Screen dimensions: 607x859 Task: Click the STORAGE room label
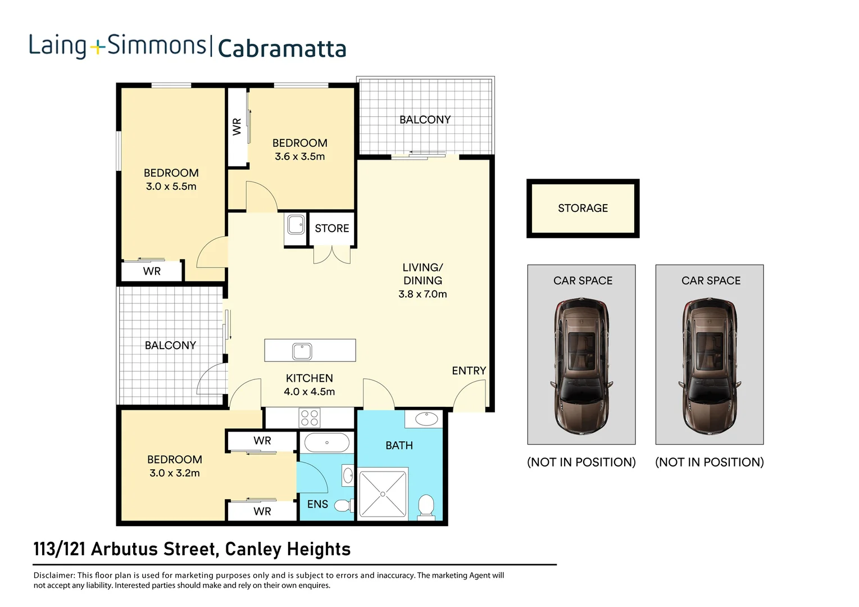click(583, 209)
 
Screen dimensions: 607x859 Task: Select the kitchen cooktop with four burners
click(310, 419)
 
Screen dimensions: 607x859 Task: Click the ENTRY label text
click(469, 371)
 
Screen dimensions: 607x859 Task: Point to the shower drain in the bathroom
click(383, 494)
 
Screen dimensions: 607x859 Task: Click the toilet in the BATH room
click(426, 506)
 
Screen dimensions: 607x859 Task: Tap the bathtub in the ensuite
click(326, 443)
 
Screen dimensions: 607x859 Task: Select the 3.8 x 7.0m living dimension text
click(422, 294)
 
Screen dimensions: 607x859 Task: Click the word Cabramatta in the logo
click(281, 48)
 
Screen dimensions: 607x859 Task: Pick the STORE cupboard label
click(331, 229)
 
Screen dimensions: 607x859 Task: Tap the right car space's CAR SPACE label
click(711, 280)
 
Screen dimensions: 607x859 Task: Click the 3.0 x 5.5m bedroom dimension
click(171, 187)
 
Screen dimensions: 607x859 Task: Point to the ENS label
click(317, 504)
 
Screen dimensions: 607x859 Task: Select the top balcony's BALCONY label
click(425, 120)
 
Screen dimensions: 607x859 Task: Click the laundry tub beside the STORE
click(296, 225)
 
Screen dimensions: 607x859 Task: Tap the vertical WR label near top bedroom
click(237, 126)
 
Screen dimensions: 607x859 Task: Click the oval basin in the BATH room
click(427, 419)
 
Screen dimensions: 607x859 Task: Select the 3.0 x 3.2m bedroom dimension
click(174, 473)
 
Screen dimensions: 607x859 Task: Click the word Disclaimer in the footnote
click(54, 576)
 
